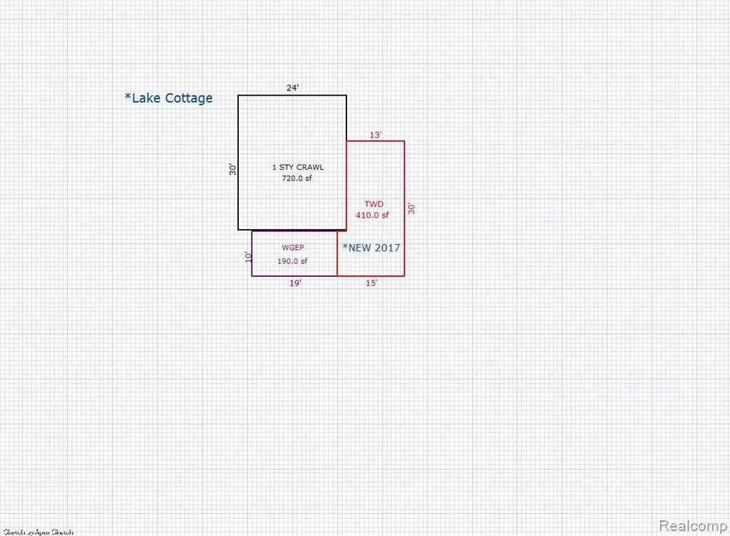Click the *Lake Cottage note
pos(169,98)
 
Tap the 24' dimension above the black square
pos(292,88)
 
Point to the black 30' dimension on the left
pos(232,170)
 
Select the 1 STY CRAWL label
pos(298,167)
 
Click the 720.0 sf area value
pos(297,178)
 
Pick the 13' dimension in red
pos(376,134)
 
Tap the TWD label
pos(374,204)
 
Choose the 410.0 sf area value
pos(373,215)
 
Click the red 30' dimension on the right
pos(411,208)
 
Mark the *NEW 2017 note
pos(371,248)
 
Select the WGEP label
pos(292,248)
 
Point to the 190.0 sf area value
pos(292,261)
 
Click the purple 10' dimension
pos(248,257)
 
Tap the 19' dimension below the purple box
pos(295,283)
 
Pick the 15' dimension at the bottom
pos(371,283)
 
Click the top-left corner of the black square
pos(238,95)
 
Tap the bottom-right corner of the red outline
pos(404,275)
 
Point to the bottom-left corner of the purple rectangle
pos(252,275)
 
